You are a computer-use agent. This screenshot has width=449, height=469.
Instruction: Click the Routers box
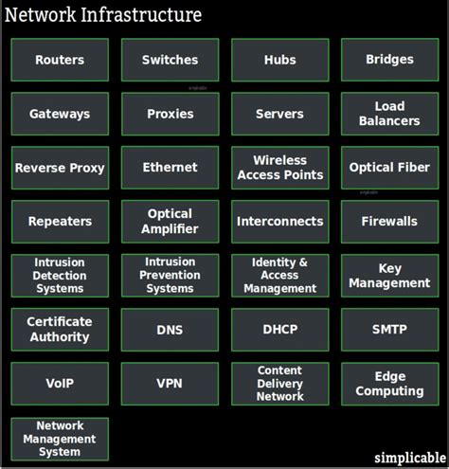tap(60, 60)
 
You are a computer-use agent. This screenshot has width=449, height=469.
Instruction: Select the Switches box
tap(170, 60)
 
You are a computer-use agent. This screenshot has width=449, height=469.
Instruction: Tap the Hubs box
tap(279, 60)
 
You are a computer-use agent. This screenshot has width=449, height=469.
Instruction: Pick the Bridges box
tap(389, 60)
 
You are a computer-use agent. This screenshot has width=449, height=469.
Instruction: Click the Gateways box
tap(60, 114)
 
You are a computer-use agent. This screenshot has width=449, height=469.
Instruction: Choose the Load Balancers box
tap(389, 114)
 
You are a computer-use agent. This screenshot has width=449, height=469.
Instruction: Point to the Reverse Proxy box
tap(60, 168)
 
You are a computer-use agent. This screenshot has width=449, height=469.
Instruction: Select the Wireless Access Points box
tap(279, 168)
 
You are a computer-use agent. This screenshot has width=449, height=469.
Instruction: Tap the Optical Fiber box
tap(389, 168)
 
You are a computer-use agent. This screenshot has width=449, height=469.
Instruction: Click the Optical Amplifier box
tap(170, 222)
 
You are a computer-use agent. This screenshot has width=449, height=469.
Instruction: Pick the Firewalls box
tap(389, 222)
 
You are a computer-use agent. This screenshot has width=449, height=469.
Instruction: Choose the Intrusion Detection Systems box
tap(60, 276)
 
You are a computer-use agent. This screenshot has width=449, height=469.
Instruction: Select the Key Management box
tap(389, 276)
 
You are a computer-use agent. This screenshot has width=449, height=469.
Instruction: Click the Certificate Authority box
tap(60, 330)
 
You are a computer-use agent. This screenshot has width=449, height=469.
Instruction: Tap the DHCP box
tap(279, 330)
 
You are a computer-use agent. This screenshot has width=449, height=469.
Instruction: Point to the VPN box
tap(170, 384)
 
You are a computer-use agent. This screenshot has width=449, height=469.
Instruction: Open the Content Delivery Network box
tap(279, 384)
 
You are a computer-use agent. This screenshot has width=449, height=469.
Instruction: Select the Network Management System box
tap(60, 439)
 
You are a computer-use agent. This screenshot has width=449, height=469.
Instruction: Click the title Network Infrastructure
tap(103, 15)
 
